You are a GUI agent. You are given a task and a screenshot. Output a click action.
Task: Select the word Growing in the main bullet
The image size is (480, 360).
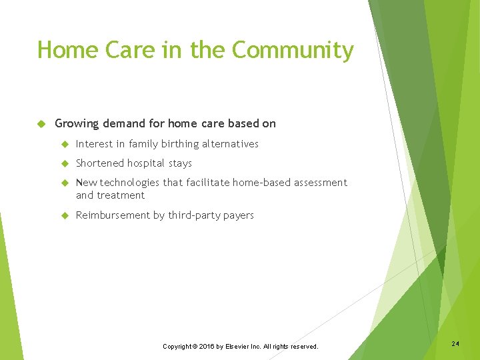pos(76,123)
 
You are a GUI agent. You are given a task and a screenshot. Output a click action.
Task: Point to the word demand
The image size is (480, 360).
pos(123,123)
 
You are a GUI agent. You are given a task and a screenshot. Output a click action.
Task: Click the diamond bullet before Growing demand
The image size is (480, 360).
pos(41,123)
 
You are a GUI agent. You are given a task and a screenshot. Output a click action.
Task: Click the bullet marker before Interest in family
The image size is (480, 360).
pos(65,144)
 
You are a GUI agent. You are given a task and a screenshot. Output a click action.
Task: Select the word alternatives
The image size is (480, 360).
pos(230,144)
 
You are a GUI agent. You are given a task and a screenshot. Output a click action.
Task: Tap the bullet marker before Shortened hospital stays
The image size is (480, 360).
pos(65,163)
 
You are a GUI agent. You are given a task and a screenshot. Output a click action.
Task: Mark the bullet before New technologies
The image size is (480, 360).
pos(65,183)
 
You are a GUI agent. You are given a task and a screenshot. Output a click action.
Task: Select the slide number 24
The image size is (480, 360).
pos(455,343)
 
